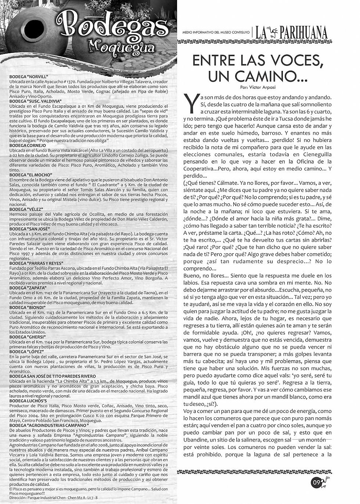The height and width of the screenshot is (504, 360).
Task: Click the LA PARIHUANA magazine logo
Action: [x=297, y=33]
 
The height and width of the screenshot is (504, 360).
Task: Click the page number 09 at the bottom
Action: [x=316, y=482]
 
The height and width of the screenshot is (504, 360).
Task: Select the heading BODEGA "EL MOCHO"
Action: [x=31, y=174]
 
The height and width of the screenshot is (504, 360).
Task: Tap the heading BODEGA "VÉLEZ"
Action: [x=26, y=209]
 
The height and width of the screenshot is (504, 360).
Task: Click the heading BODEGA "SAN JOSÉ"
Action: [x=29, y=229]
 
